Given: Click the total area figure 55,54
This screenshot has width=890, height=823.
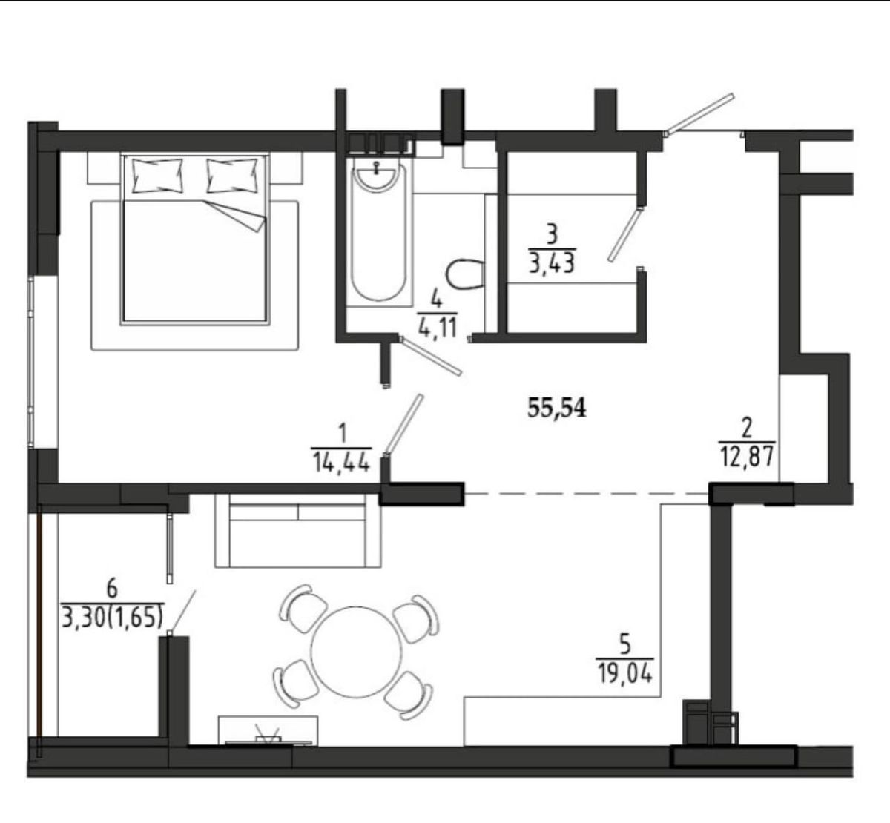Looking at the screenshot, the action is [x=556, y=408].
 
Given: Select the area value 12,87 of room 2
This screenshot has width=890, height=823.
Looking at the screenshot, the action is [x=747, y=457].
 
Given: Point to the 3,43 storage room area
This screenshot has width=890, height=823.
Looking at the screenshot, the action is [x=552, y=263].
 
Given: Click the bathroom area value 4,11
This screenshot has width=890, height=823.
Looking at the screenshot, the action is [x=438, y=328].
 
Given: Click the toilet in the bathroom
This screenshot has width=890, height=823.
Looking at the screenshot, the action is [x=465, y=274].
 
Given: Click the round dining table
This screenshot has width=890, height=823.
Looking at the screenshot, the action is [x=356, y=652].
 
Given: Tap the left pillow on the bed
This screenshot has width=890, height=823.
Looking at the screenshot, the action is [x=158, y=175].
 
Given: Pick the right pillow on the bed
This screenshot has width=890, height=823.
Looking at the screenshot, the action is [x=232, y=175].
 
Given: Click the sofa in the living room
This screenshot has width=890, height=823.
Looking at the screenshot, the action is [x=298, y=530].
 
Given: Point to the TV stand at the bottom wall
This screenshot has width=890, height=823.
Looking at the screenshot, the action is [x=268, y=731].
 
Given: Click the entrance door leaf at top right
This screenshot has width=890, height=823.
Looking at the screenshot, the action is [x=700, y=113].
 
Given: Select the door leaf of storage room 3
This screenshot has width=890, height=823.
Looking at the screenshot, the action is [x=625, y=234].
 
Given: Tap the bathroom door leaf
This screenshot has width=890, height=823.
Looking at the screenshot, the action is [x=429, y=356].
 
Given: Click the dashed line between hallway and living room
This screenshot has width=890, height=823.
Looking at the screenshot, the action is [x=587, y=494].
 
